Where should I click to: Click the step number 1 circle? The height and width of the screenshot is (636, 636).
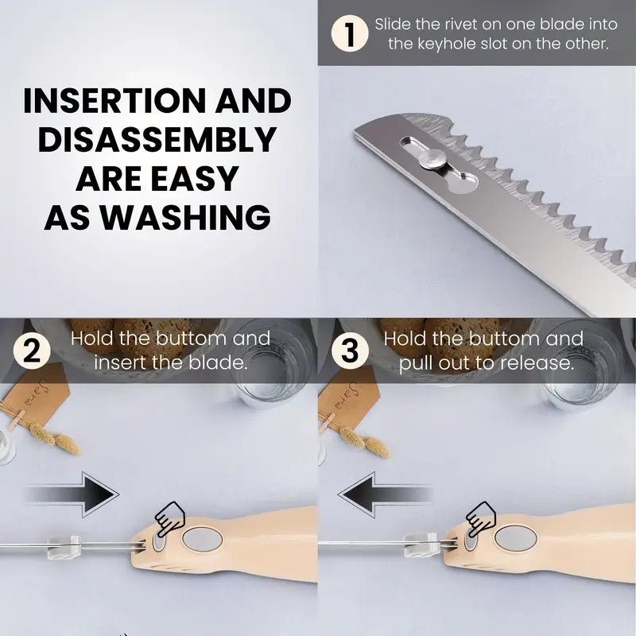[350, 33]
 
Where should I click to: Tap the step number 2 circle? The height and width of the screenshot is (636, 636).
[32, 350]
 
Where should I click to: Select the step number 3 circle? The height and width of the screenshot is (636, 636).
[350, 350]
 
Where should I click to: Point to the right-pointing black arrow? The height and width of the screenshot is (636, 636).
[73, 494]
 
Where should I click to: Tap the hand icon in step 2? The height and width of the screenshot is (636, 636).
[170, 519]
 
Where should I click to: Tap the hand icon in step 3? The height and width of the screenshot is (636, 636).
[481, 518]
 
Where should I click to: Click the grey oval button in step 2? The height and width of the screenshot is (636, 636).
[202, 540]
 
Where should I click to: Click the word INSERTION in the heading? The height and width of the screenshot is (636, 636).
[115, 101]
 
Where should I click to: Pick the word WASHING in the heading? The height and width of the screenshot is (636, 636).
[185, 217]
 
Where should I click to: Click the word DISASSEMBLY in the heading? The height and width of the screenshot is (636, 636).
[157, 139]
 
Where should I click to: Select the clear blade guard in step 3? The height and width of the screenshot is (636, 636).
[421, 545]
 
